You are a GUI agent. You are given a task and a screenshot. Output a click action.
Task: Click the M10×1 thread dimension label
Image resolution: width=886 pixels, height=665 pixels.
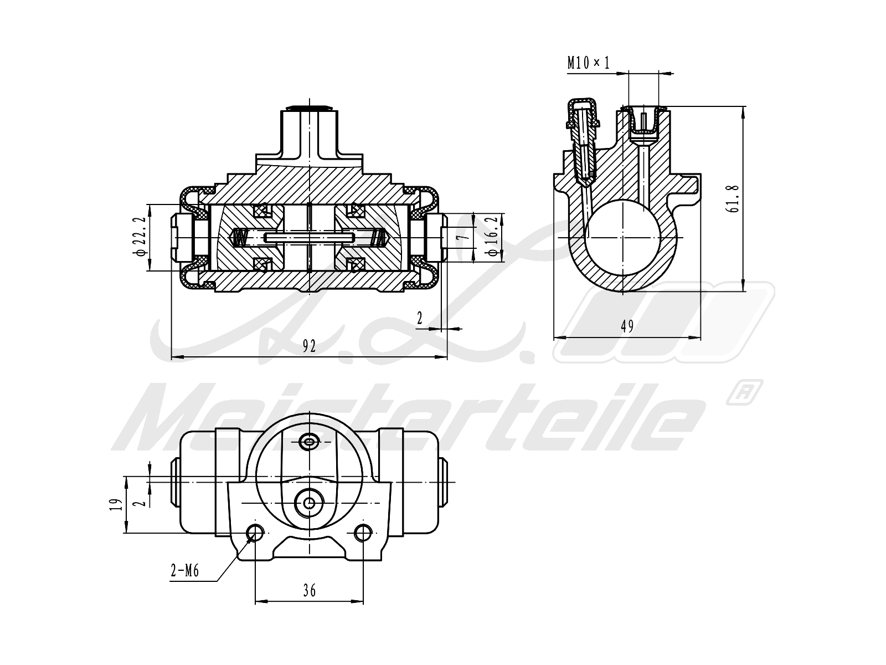pos(588,63)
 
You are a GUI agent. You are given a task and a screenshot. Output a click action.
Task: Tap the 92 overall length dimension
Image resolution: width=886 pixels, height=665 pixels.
pos(309,346)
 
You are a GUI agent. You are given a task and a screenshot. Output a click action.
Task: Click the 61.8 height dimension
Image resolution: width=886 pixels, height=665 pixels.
pos(733,199)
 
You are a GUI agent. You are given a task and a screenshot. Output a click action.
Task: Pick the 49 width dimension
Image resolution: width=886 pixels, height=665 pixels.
pos(627,326)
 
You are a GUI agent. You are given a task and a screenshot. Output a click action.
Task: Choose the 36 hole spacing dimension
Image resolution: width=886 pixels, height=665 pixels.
pos(310,591)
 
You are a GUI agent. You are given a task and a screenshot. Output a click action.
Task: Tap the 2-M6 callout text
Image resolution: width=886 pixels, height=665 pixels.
pos(184,571)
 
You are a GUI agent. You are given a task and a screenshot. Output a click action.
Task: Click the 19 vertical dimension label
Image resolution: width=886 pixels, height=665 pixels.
pos(116,505)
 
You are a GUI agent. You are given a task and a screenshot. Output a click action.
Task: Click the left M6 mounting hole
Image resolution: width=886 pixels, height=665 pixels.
pos(256,533)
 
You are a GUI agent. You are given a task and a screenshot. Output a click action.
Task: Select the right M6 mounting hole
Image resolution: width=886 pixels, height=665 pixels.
pos(363,533)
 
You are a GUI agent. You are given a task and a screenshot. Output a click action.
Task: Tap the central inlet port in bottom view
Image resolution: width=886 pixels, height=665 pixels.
pos(309,503)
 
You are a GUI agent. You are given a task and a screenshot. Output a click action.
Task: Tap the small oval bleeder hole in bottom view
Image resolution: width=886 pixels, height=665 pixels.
pos(309,442)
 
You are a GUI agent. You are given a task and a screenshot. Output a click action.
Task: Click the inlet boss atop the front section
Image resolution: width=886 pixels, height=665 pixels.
pos(309,133)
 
